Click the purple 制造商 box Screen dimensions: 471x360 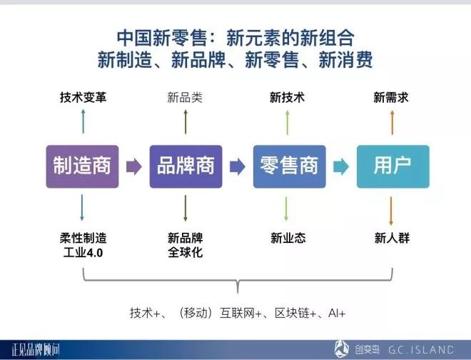pos(82,166)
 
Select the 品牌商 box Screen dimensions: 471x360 pos(186,166)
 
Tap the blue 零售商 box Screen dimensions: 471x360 pos(290,166)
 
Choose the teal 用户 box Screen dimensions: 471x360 pos(393,166)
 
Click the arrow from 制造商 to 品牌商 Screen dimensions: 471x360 pos(134,166)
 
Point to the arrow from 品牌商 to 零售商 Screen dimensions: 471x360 pos(238,166)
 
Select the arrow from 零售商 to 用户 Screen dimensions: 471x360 pos(341,166)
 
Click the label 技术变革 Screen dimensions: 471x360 pos(83,97)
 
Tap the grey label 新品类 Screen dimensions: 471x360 pos(185,97)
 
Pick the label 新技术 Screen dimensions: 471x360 pos(287,97)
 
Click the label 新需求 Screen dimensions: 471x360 pos(391,97)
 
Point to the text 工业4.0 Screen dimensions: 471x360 pos(83,252)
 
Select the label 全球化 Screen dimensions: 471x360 pos(185,252)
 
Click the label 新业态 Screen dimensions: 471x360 pos(288,238)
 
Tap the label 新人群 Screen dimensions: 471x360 pos(392,238)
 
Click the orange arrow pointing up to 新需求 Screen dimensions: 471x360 pos(392,122)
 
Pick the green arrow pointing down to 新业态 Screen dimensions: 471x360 pos(286,209)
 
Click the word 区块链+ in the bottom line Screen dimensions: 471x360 pos(295,313)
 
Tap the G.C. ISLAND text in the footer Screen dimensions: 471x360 pos(421,349)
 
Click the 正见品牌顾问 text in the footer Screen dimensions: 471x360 pos(36,350)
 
